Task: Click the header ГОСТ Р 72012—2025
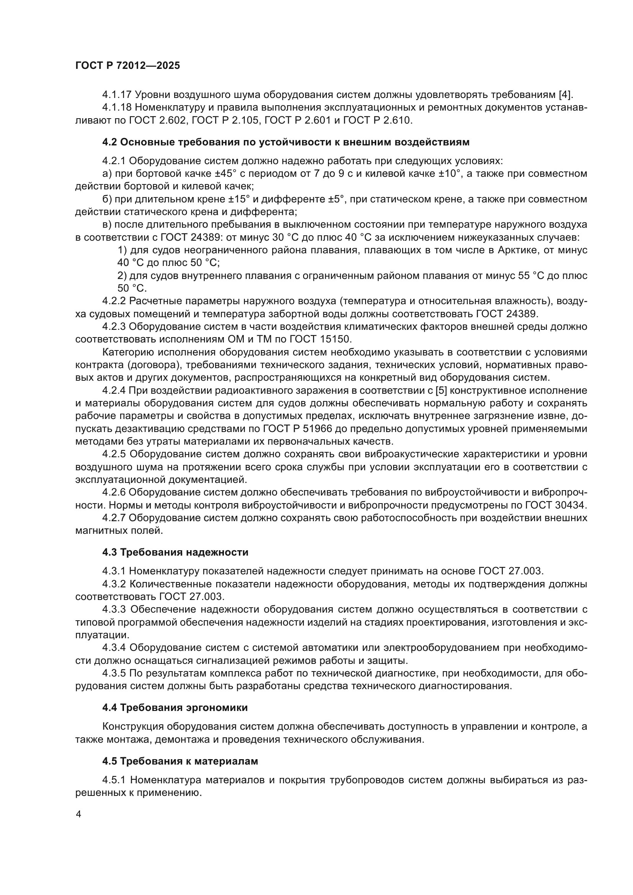pos(127,65)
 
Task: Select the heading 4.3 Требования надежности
pos(175,553)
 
